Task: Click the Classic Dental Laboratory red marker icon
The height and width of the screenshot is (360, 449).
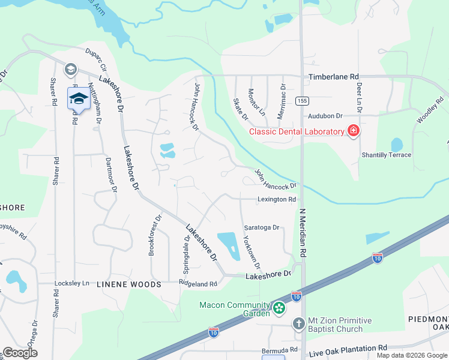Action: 354,131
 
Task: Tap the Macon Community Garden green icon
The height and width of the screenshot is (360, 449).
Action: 279,308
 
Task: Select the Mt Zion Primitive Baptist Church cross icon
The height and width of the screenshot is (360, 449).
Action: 299,325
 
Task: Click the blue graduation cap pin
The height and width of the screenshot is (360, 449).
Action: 78,98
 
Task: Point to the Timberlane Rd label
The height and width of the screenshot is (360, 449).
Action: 333,77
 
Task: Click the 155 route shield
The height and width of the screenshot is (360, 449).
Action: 301,101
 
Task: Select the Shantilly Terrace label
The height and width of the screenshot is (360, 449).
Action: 386,155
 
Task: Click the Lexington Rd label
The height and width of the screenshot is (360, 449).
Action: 277,199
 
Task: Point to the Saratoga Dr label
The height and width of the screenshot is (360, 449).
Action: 262,227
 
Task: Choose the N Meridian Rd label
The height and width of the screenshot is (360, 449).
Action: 303,234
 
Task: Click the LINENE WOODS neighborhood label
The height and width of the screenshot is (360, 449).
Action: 129,284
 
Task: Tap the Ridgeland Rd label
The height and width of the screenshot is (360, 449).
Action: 197,283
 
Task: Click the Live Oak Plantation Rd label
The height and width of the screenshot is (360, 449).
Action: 348,349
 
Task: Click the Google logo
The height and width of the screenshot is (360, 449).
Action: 20,353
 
